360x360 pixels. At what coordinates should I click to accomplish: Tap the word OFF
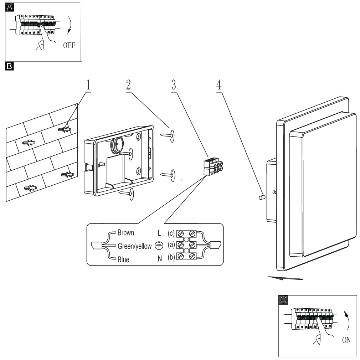(x=70, y=45)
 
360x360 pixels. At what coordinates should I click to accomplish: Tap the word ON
(x=346, y=340)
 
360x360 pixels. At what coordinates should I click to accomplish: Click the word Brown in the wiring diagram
(x=126, y=233)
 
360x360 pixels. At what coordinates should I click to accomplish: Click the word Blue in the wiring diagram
(x=123, y=259)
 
